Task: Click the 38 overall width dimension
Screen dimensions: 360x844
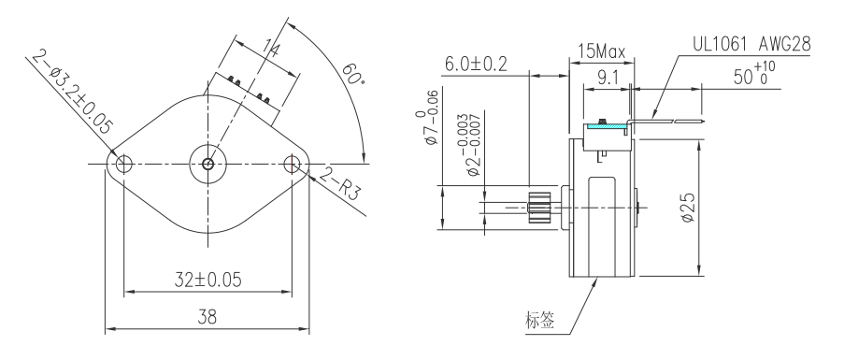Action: [207, 318]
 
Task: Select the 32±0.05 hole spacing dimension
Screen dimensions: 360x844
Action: [207, 278]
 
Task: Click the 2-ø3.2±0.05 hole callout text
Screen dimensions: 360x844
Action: [70, 94]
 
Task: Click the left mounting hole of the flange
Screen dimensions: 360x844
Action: [121, 166]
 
